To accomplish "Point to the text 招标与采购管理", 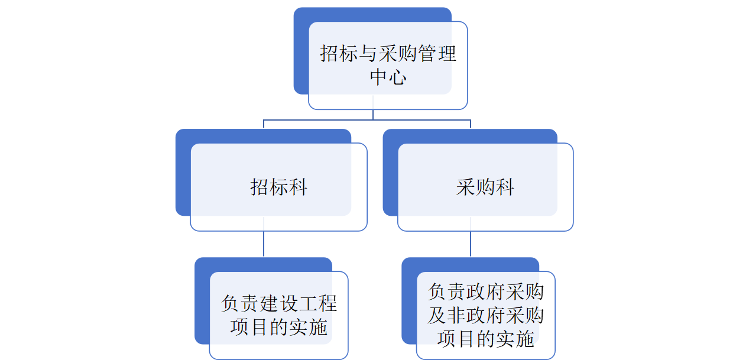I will (x=388, y=54).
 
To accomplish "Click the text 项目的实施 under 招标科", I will (x=278, y=327).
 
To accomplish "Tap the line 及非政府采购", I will (x=485, y=315).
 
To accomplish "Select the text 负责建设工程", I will (x=278, y=304).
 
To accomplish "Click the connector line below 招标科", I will (x=264, y=244).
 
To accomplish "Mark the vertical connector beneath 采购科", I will (x=471, y=244).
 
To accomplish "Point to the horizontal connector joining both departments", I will (x=367, y=120).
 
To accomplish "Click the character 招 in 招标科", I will (x=260, y=187).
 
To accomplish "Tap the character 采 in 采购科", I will (x=466, y=187).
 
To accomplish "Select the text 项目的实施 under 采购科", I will (x=485, y=339).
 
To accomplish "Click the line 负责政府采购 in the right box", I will (x=485, y=292).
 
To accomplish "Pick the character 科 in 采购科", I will (x=505, y=187).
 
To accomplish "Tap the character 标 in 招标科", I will (x=278, y=187).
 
